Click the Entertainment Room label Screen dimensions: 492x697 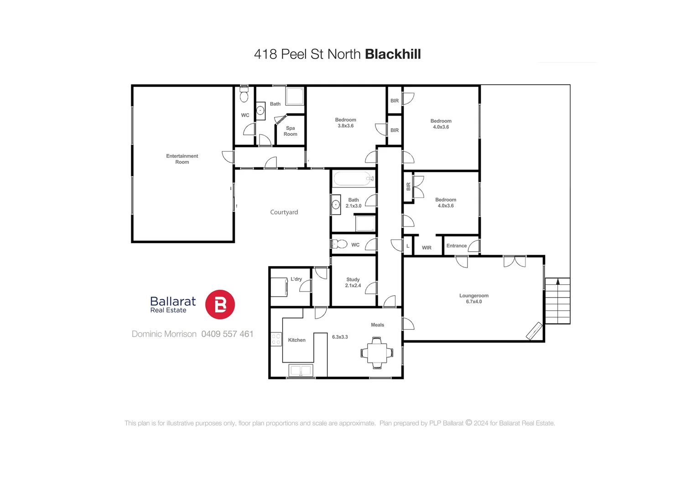tap(182, 159)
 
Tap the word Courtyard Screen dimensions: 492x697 tap(284, 212)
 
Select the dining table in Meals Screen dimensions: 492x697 tap(377, 353)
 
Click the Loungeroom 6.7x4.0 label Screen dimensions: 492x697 tap(473, 298)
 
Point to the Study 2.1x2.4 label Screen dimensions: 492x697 tap(353, 282)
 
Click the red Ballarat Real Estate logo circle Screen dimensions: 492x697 tap(220, 304)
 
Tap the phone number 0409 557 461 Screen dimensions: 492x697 tap(227, 334)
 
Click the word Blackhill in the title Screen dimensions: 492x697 tap(393, 54)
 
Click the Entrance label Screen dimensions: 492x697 tap(456, 246)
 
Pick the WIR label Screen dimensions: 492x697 tap(427, 248)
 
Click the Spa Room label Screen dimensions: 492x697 tap(290, 131)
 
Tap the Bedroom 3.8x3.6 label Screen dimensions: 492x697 tap(345, 123)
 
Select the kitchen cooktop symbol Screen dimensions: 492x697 tap(276, 339)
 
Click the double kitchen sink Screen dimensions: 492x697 tap(301, 370)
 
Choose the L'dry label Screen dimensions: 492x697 tap(296, 279)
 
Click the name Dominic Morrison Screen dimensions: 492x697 tap(164, 334)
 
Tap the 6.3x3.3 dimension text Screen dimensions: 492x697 tap(340, 337)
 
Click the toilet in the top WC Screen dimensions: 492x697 tap(244, 95)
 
